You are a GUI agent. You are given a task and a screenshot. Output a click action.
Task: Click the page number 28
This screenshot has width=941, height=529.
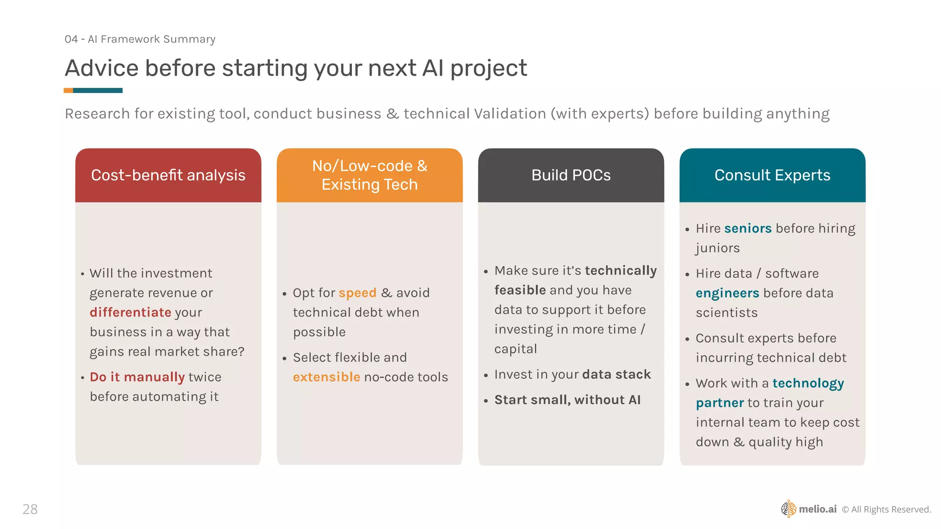pos(30,509)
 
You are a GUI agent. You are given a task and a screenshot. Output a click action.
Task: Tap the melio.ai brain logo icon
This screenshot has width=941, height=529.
pos(788,509)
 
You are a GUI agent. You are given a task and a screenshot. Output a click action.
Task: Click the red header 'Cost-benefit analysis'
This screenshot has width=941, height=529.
pos(168,175)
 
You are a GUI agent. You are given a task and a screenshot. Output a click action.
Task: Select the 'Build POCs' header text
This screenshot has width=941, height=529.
pos(571,175)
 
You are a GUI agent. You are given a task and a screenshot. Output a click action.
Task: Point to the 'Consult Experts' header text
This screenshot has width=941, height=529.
pos(772,175)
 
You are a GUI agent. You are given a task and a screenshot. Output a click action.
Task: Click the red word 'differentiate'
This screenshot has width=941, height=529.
pos(130,312)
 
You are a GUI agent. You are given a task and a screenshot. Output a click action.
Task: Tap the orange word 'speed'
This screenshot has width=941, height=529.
pos(357,293)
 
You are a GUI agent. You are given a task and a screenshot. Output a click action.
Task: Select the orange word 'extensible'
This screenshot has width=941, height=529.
pos(327,377)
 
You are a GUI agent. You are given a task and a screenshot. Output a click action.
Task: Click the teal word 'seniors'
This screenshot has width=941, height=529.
pos(748,228)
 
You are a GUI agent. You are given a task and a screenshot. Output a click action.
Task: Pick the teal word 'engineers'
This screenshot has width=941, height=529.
pos(727,293)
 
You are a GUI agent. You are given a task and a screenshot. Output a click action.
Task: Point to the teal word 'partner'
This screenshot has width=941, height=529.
pos(720,403)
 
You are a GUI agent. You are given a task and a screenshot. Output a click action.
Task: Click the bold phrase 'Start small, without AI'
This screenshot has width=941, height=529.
pos(567,400)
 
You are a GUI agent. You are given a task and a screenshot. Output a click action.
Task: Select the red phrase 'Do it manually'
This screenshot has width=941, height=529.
pos(137,377)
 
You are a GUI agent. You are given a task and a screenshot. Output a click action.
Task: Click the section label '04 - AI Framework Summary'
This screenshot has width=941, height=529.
pos(140,39)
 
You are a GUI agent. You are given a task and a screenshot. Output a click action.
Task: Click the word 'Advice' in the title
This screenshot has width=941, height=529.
pos(102,68)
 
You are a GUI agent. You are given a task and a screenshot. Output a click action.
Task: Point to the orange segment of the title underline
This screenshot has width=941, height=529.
pos(68,90)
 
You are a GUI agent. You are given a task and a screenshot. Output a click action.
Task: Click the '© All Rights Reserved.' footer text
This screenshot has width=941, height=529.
pos(886,509)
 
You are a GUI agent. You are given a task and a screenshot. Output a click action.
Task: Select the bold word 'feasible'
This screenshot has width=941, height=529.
pos(520,290)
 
